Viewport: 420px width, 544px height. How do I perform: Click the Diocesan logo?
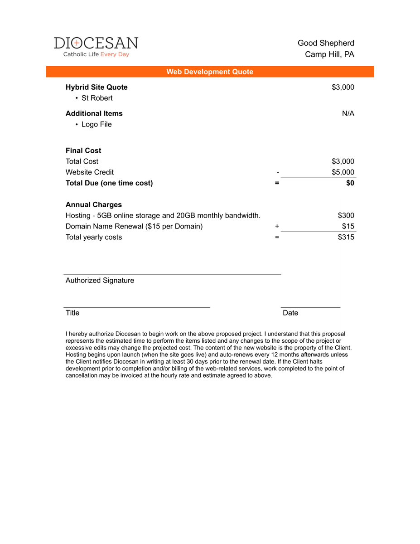96,47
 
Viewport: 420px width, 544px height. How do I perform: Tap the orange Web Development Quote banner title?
210,72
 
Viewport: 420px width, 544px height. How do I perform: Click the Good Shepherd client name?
326,43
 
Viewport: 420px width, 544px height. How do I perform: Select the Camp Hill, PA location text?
329,54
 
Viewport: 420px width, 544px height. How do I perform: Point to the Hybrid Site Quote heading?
97,87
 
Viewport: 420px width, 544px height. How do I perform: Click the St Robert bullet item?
97,98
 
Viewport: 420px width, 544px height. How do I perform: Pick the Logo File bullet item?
97,124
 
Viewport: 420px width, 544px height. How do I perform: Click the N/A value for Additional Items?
348,113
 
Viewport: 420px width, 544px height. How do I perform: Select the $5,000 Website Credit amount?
343,172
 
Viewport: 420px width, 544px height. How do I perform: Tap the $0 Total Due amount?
350,183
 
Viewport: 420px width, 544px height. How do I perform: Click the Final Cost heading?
83,151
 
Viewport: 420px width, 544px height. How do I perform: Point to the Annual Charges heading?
94,204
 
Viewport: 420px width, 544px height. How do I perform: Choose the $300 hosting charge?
346,215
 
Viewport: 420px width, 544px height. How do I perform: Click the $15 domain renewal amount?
348,226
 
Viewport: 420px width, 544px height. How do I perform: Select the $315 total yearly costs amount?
346,237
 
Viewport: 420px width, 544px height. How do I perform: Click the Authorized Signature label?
100,280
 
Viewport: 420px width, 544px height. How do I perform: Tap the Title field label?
72,313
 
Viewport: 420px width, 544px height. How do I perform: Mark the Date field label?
290,313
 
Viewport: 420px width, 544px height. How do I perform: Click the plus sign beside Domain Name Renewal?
277,226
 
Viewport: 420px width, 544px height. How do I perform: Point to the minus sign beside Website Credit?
277,172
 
